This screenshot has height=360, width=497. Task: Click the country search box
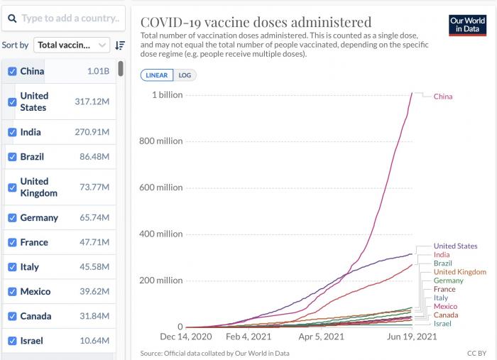[67, 18]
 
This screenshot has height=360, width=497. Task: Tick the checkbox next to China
[12, 71]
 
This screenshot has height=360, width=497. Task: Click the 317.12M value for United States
[92, 102]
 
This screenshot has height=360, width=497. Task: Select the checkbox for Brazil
[12, 157]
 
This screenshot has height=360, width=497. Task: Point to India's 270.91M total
[92, 132]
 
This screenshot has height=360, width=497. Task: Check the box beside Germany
[12, 218]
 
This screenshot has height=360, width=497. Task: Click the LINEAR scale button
[156, 75]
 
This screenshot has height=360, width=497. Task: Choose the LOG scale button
[185, 75]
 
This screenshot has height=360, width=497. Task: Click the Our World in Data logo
[467, 26]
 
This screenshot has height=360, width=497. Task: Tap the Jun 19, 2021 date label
[410, 337]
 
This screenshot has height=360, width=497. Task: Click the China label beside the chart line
[443, 97]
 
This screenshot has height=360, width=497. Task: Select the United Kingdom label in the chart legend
[459, 272]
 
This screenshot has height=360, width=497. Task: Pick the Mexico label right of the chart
[445, 306]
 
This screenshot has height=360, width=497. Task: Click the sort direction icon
[120, 45]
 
